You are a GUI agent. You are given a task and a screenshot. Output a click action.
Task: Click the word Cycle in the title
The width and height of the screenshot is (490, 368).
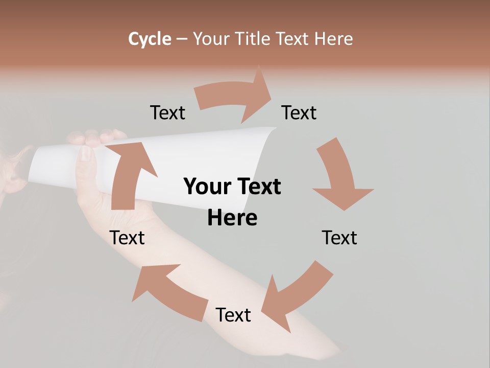coord(150,39)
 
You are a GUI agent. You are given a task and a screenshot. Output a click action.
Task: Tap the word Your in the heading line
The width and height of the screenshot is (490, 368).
coord(212,39)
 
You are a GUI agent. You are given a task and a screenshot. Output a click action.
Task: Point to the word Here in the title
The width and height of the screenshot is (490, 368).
coord(333,39)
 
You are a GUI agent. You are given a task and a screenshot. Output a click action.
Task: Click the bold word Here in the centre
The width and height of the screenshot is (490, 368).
coord(232,218)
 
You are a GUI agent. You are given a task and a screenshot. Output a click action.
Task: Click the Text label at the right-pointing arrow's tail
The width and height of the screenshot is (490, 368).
coord(167,113)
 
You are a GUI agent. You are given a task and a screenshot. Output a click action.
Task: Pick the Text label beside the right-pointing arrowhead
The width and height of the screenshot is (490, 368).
coord(299,113)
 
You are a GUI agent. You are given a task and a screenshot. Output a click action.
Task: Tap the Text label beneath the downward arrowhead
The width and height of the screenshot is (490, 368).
coord(339,238)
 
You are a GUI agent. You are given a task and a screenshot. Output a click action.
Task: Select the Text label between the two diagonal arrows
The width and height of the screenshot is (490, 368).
coord(233,315)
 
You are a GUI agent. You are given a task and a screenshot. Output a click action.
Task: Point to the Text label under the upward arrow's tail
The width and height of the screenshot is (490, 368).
coord(128,238)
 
